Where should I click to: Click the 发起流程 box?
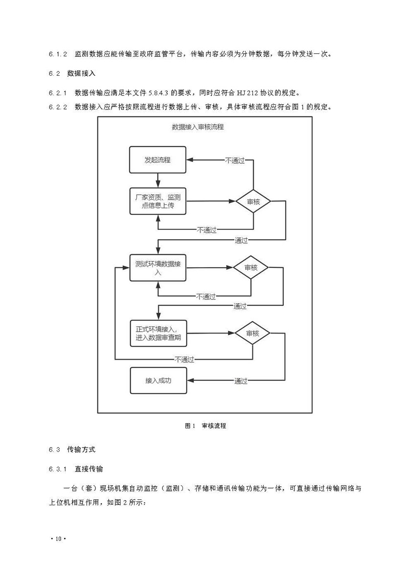point(158,159)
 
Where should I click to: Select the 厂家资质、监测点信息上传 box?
point(158,201)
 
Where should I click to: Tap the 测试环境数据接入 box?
point(158,268)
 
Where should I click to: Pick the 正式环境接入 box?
point(158,334)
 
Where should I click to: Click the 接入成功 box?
point(158,380)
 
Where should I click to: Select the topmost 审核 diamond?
point(253,201)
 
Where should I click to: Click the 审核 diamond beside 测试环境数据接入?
point(251,268)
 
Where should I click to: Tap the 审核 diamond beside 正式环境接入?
point(252,334)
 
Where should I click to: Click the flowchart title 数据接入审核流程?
point(198,127)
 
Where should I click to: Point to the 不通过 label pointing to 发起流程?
point(234,160)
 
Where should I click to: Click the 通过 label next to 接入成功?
point(240,380)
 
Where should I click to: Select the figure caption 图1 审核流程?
point(205,426)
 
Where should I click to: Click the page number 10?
point(57,539)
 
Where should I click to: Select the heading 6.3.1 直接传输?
point(76,469)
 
